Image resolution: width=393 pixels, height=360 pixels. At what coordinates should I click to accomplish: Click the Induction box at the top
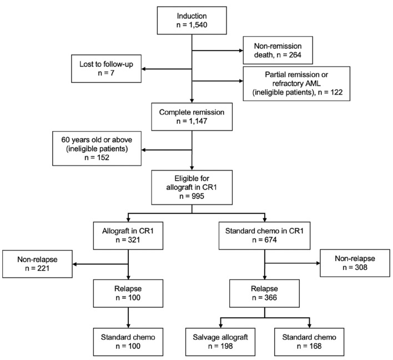point(192,21)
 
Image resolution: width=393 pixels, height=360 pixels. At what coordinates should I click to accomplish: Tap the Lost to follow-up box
point(105,69)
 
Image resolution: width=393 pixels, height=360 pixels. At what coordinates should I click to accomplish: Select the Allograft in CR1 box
point(128,235)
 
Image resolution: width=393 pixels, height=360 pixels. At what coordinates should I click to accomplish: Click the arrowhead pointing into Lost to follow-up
point(143,69)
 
